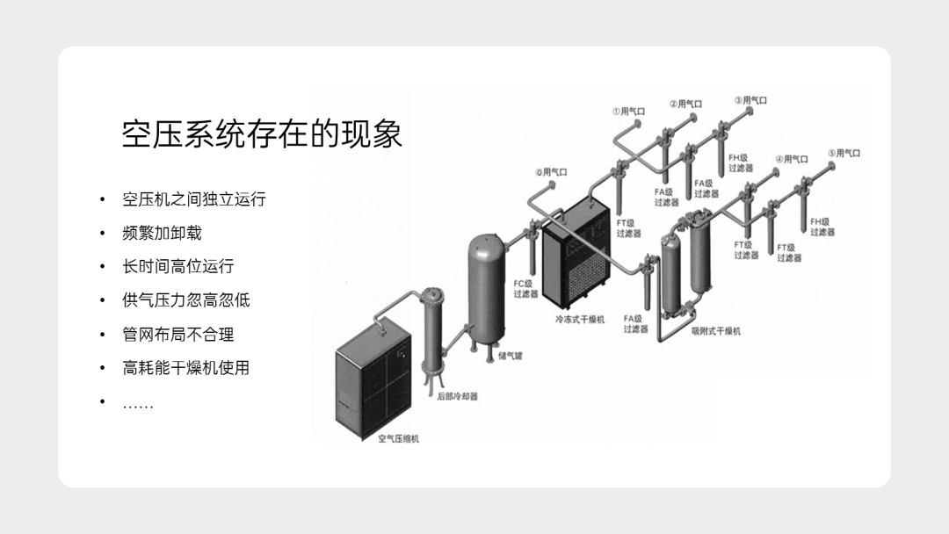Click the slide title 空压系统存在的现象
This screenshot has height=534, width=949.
262,133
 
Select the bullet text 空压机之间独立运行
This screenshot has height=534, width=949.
194,198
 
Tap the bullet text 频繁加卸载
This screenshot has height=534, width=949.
162,233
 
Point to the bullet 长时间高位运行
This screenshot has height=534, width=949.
177,266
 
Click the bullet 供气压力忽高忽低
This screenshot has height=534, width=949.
185,300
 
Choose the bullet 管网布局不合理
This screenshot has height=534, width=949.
177,335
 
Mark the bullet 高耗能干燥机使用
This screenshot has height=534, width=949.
185,368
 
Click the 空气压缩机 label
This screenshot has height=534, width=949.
398,438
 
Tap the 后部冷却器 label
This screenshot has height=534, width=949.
458,397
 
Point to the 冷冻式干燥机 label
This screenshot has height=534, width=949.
580,320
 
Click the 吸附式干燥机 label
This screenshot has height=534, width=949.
716,331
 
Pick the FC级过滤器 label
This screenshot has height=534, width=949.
525,289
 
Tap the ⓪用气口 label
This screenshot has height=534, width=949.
551,172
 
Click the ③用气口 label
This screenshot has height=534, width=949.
750,100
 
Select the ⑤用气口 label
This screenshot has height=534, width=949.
844,153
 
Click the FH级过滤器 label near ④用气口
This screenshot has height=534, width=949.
741,163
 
